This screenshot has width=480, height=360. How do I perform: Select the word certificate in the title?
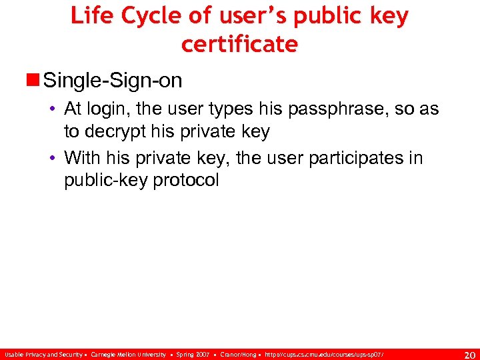239,44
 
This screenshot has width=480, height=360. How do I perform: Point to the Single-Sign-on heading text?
111,81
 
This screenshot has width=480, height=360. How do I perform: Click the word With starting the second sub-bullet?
81,159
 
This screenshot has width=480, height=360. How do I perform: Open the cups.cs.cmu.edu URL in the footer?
324,354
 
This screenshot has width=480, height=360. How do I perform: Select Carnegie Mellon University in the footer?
128,354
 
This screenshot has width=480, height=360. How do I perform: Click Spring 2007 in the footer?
193,354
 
